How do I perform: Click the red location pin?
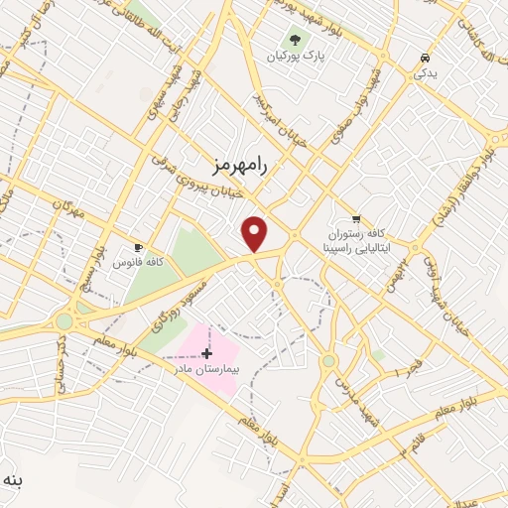255,233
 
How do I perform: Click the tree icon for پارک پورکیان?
294,40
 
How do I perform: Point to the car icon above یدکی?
425,58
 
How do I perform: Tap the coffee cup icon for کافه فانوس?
138,246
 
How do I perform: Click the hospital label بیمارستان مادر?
204,368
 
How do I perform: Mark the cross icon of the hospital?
206,353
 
